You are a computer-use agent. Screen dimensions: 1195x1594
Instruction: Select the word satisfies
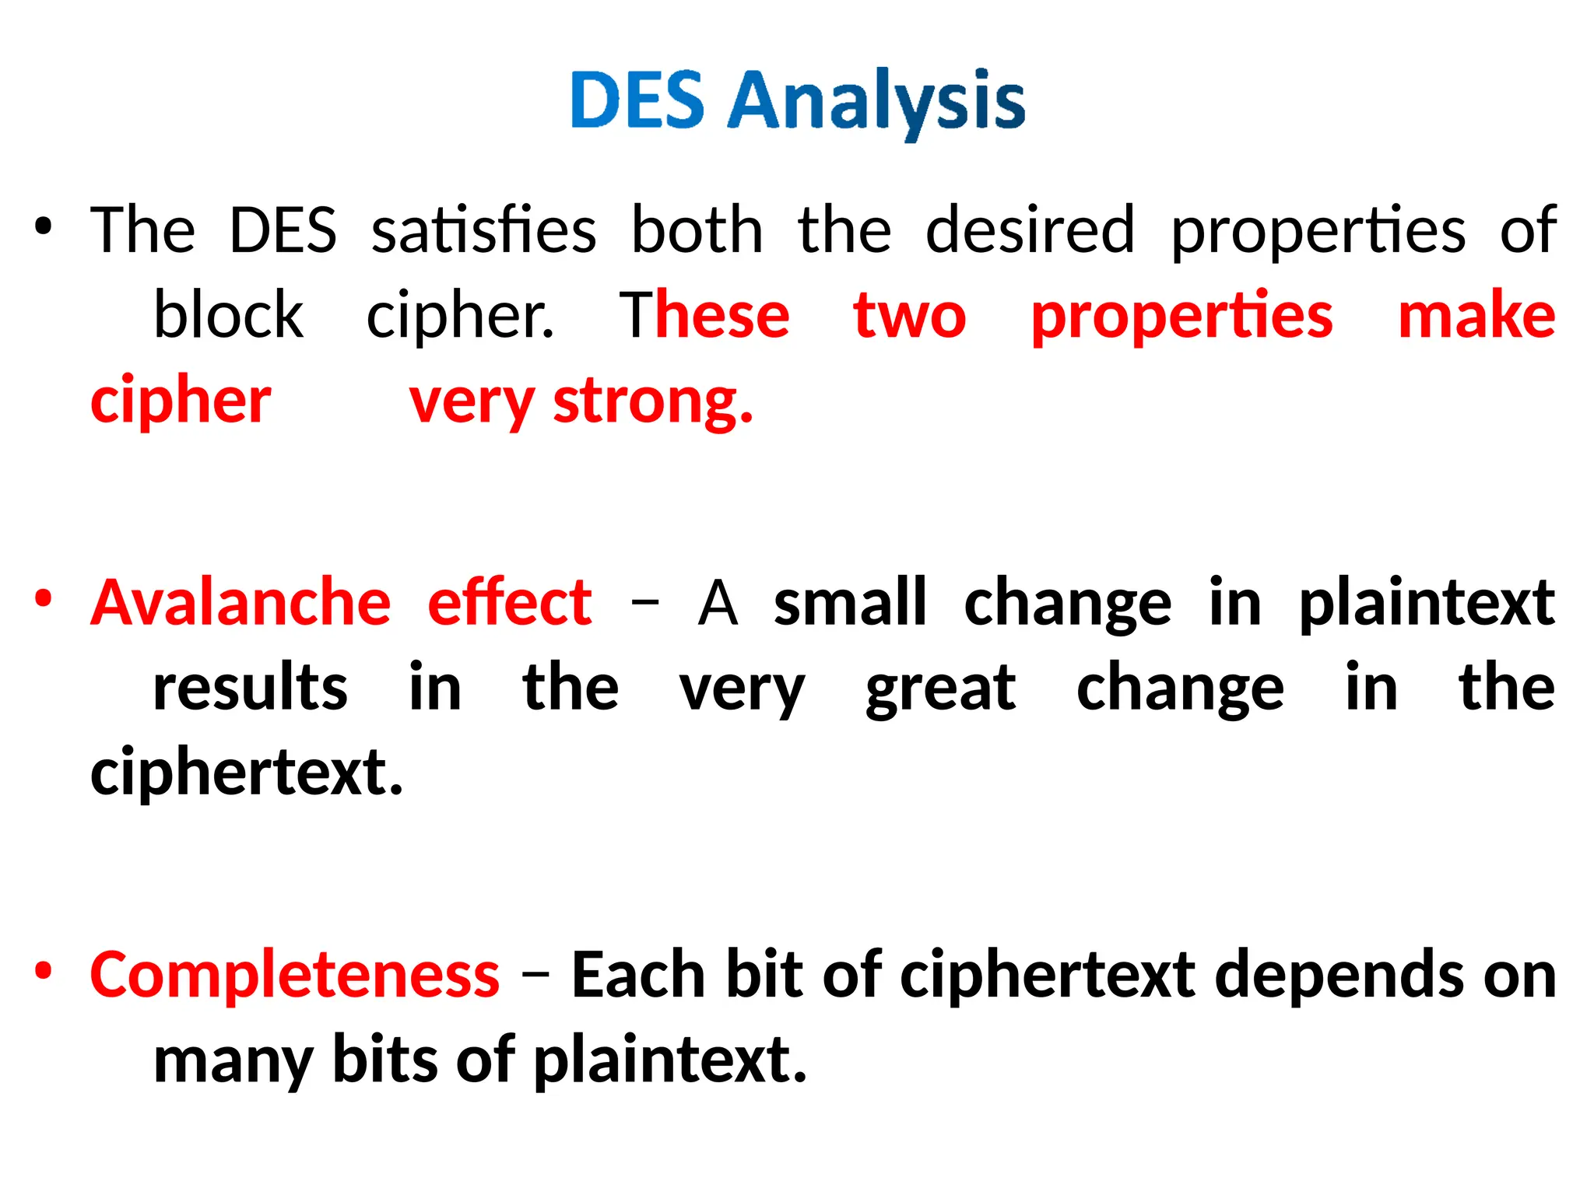coord(483,230)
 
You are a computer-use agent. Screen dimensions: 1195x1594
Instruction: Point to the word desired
coord(1030,230)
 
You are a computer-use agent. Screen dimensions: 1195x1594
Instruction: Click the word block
coord(228,315)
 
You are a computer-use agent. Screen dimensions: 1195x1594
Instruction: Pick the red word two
coord(909,315)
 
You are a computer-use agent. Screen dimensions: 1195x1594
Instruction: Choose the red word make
coord(1476,315)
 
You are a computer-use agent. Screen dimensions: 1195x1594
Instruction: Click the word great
coord(940,689)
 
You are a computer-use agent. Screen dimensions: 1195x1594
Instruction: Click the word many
coord(233,1061)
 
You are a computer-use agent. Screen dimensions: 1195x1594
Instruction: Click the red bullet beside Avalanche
coord(43,599)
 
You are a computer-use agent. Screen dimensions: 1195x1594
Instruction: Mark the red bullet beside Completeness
coord(43,971)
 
